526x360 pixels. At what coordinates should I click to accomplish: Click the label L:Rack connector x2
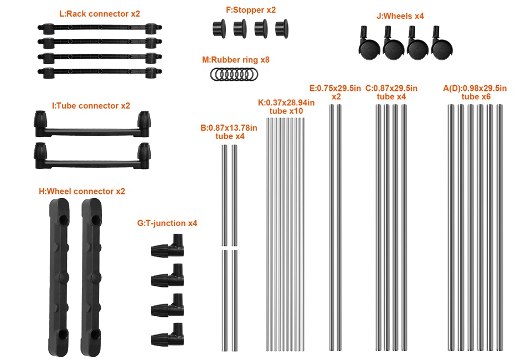click(x=100, y=14)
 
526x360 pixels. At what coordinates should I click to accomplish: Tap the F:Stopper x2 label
click(x=251, y=10)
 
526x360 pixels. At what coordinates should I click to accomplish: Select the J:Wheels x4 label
click(x=400, y=16)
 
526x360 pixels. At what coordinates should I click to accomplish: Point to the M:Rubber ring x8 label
click(x=235, y=60)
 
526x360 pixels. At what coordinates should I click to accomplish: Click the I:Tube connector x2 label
click(x=91, y=106)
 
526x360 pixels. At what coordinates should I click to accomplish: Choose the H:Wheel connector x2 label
click(x=82, y=191)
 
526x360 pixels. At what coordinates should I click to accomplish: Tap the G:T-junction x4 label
click(x=167, y=223)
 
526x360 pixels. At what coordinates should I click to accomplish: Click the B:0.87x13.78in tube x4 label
click(x=229, y=132)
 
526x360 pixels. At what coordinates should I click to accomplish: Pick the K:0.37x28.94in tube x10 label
click(x=286, y=107)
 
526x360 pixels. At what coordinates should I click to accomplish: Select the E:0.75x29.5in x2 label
click(x=336, y=92)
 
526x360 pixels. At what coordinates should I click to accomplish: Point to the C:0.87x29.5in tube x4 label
click(x=391, y=92)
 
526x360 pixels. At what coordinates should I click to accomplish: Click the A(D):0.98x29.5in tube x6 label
click(x=475, y=92)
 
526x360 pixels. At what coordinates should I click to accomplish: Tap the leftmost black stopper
click(x=219, y=28)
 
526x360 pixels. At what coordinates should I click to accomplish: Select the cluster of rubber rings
click(x=234, y=74)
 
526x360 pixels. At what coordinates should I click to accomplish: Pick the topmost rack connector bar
click(x=100, y=28)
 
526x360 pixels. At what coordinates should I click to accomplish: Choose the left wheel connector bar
click(x=60, y=277)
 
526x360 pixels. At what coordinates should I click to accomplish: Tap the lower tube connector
click(x=92, y=156)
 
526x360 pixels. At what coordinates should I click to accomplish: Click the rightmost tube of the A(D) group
click(x=499, y=228)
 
